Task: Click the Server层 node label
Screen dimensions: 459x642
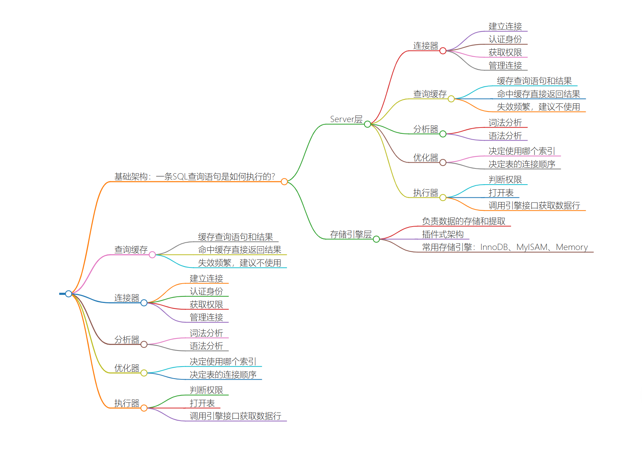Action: pyautogui.click(x=346, y=119)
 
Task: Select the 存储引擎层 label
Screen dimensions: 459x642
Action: pyautogui.click(x=351, y=234)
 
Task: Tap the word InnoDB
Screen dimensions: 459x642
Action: pyautogui.click(x=494, y=247)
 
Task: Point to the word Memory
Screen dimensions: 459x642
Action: pyautogui.click(x=571, y=247)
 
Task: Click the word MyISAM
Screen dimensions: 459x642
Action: pyautogui.click(x=532, y=247)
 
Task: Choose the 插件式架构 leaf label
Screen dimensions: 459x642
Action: pyautogui.click(x=443, y=234)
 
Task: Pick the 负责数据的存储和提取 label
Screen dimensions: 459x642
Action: pyautogui.click(x=464, y=221)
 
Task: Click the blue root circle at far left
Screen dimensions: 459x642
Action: pyautogui.click(x=69, y=293)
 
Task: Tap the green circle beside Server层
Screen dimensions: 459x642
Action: pyautogui.click(x=367, y=124)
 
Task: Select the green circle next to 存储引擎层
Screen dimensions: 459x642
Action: pyautogui.click(x=376, y=239)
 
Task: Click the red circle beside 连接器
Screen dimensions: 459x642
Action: pyautogui.click(x=443, y=51)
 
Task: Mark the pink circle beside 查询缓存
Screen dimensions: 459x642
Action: pyautogui.click(x=152, y=255)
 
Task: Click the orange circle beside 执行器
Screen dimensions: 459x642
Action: pyautogui.click(x=144, y=408)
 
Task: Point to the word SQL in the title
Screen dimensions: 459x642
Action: pyautogui.click(x=180, y=177)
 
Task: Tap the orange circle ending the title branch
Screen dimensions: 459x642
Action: pyautogui.click(x=284, y=182)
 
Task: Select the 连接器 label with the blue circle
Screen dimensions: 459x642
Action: pyautogui.click(x=126, y=298)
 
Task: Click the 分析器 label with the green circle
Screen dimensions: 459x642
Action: pyautogui.click(x=426, y=129)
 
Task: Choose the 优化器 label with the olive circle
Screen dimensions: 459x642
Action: pyautogui.click(x=126, y=368)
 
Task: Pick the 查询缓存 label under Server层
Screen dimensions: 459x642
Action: pyautogui.click(x=430, y=94)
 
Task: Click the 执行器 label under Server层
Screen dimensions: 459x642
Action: pyautogui.click(x=426, y=193)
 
